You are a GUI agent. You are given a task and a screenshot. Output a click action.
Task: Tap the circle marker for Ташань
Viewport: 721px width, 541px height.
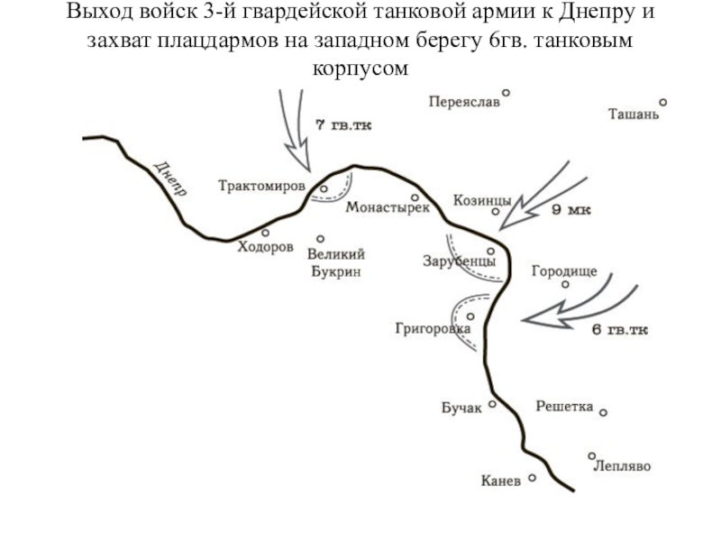[662, 102]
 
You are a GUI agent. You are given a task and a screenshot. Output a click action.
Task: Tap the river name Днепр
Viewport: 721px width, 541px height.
[170, 179]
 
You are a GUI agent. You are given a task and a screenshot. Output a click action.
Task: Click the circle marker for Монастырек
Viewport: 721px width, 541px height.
[415, 197]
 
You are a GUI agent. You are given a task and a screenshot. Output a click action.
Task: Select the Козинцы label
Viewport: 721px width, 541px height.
[482, 200]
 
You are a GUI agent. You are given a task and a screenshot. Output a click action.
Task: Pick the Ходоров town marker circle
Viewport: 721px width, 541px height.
[265, 232]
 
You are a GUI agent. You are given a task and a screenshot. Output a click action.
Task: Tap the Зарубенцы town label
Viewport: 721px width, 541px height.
[458, 261]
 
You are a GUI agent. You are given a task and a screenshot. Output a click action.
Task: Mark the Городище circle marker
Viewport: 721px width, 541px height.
[565, 284]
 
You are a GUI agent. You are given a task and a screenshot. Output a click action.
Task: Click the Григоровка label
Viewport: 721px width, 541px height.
[433, 329]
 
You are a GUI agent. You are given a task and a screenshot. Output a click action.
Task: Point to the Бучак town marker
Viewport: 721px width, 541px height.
[493, 404]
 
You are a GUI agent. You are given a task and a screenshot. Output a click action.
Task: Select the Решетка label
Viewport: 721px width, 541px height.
[564, 407]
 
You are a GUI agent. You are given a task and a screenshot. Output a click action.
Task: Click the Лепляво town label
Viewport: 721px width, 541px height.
[622, 467]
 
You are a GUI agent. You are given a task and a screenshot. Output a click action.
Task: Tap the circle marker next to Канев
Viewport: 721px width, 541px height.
[533, 479]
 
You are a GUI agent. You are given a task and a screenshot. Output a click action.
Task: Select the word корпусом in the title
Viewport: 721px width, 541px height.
[360, 68]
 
